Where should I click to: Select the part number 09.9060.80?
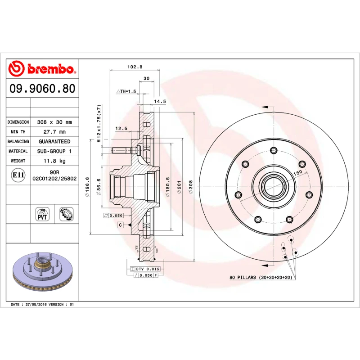coord(42,89)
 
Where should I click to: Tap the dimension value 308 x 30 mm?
coord(54,122)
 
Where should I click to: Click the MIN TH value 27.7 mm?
coord(54,132)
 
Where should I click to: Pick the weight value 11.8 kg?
coord(54,161)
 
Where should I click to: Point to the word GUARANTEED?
coord(54,141)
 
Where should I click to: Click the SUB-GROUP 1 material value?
coord(54,151)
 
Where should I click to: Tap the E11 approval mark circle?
coord(18,175)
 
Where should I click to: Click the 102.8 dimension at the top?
coord(135,67)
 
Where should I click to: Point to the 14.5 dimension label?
coord(160,102)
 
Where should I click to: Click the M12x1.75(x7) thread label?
coord(99,123)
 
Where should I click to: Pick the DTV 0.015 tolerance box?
coord(145,269)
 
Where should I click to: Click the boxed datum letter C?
coord(121,224)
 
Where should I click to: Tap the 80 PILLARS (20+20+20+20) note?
coord(261,278)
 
